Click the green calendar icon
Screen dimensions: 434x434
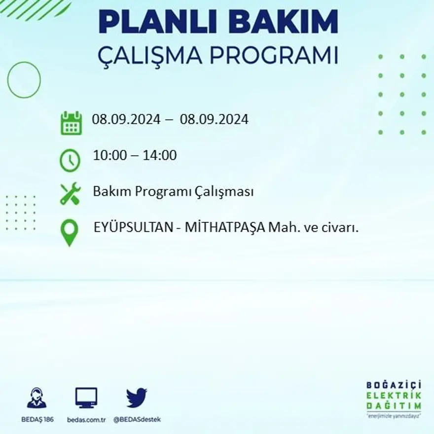[72, 123]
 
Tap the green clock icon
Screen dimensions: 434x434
[70, 160]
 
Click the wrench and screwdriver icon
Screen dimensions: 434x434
[70, 193]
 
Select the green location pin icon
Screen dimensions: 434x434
[70, 232]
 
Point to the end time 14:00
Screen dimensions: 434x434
[160, 155]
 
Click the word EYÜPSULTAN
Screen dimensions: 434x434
[132, 228]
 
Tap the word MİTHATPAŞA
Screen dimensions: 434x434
[226, 228]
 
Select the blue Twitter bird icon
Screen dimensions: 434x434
[137, 398]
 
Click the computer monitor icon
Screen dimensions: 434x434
[86, 398]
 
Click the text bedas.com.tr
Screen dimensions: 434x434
[86, 420]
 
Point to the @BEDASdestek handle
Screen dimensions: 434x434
[137, 420]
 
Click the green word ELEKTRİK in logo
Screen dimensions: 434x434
[394, 395]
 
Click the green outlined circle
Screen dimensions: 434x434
[24, 79]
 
